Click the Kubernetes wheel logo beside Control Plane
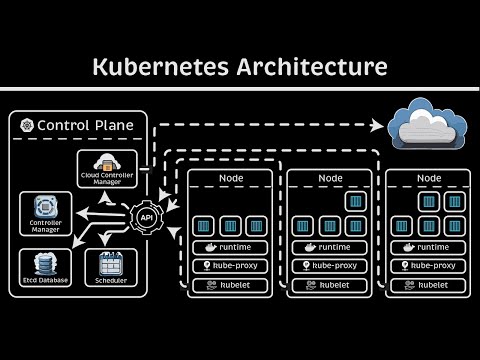point(26,126)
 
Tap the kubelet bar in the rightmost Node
point(427,285)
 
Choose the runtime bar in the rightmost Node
point(427,247)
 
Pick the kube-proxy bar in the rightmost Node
point(427,266)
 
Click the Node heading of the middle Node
point(329,179)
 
